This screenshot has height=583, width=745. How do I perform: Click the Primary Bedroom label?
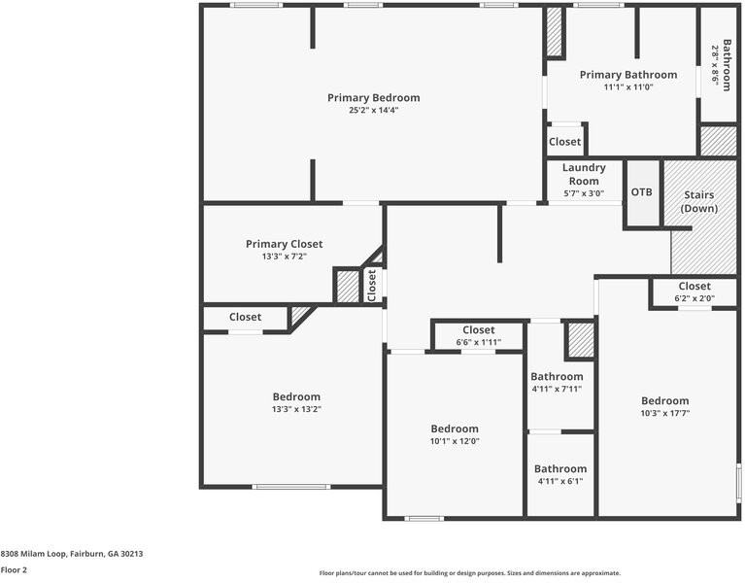point(373,97)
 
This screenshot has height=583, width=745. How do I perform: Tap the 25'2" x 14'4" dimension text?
point(373,111)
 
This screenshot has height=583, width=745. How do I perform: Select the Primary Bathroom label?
point(628,75)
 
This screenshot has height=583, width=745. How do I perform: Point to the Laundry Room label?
point(584,174)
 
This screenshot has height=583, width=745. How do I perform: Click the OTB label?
point(642,191)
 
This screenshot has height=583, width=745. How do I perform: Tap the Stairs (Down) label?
point(697,202)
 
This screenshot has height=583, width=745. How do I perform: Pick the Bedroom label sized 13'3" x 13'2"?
point(296,396)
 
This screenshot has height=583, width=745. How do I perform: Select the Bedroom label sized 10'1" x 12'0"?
point(455,429)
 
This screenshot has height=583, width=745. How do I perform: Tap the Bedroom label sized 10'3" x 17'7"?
point(664,400)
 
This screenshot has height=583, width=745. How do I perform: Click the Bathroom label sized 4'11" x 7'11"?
point(557,376)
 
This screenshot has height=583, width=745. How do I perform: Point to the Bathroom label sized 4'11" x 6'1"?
point(560,468)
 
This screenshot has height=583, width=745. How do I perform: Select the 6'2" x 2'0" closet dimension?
point(694,299)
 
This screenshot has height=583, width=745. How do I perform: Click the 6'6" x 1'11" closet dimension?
point(478,342)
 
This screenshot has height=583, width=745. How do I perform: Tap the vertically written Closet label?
point(372,285)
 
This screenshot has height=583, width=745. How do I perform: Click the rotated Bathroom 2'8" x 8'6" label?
point(721,65)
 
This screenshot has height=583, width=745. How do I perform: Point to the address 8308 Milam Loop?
point(72,554)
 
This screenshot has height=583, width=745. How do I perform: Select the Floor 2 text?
point(14,570)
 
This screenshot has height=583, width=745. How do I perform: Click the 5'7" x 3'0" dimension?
point(584,192)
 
